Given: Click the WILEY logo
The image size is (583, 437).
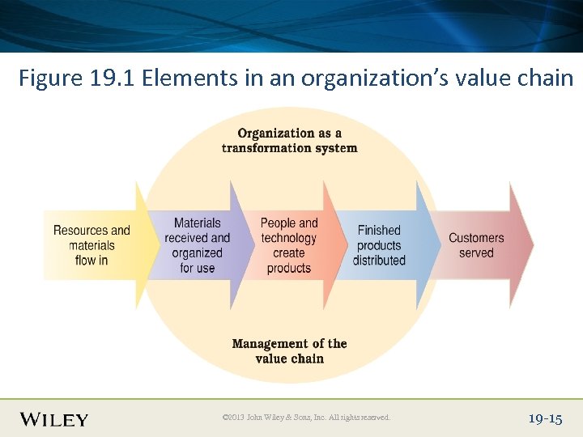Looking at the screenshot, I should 54,418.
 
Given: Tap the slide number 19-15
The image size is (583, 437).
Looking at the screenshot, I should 544,418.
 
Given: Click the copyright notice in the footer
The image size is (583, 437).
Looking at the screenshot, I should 305,418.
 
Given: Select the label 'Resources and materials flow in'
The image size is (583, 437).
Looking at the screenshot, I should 91,245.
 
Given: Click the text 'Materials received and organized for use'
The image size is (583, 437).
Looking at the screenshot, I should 197,245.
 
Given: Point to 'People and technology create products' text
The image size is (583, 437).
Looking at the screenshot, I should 289,245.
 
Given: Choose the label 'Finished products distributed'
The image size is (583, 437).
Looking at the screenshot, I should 379,245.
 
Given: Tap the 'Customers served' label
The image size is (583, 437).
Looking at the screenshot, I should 476,245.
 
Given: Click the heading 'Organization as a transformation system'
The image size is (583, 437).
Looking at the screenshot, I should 289,140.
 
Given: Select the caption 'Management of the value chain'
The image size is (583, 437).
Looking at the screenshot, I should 289,351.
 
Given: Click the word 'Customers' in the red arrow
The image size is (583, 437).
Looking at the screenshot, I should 476,238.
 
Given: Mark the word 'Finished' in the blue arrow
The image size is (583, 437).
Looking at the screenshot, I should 379,231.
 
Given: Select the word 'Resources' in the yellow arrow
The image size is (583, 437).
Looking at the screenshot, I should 79,231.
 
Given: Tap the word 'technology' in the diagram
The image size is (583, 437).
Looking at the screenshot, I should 289,238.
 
